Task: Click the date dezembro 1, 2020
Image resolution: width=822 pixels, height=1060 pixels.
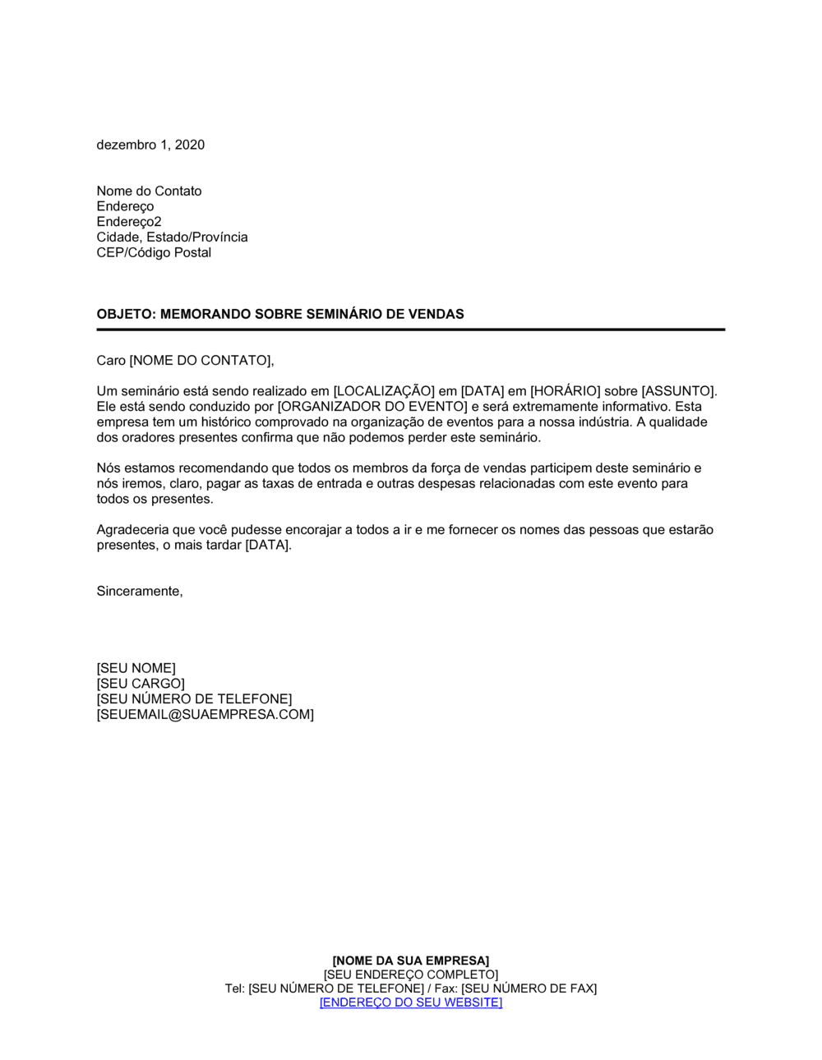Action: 150,145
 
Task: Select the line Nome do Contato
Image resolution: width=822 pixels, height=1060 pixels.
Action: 149,191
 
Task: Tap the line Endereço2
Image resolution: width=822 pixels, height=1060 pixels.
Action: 129,222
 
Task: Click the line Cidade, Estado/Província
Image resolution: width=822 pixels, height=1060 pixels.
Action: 172,237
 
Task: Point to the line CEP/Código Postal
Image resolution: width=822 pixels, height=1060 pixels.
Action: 154,252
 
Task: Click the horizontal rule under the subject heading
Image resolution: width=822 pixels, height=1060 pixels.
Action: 411,330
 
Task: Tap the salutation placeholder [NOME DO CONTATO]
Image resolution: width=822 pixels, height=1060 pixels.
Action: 201,361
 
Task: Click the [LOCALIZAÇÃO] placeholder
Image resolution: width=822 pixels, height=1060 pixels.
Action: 384,391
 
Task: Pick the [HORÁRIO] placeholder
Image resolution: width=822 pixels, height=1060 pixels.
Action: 566,391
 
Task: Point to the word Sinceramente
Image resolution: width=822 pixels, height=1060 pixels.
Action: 139,591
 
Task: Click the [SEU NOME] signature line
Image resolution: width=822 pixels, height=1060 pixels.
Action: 136,668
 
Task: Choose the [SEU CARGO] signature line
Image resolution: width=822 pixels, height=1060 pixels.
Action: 141,684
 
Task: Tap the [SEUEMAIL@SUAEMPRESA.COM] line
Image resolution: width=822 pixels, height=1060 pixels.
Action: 205,715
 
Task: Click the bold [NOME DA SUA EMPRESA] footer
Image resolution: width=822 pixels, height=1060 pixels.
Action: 411,961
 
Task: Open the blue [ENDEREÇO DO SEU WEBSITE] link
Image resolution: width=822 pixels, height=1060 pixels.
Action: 411,1002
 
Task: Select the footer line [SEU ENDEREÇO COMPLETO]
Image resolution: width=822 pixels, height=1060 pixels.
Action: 411,975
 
